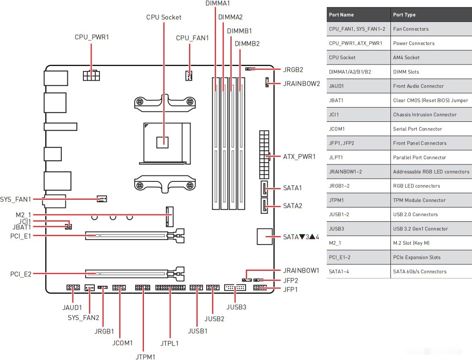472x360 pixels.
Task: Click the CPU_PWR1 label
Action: click(x=92, y=37)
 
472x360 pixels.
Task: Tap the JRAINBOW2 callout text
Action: click(x=302, y=84)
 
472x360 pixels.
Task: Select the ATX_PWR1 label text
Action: click(x=299, y=156)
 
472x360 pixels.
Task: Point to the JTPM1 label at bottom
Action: click(x=145, y=357)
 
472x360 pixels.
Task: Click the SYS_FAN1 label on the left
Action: click(x=16, y=199)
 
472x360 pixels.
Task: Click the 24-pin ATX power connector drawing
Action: click(x=264, y=155)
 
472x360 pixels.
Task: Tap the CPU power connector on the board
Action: click(x=92, y=75)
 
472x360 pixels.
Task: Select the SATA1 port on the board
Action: click(x=264, y=188)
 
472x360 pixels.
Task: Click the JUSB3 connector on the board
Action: click(x=235, y=288)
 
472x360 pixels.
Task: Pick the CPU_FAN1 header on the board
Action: click(x=189, y=76)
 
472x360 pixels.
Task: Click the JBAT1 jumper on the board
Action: click(x=68, y=227)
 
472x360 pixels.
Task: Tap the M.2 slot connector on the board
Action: click(x=170, y=217)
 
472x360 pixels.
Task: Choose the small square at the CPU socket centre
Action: click(x=163, y=142)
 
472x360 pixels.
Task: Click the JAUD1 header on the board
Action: click(x=73, y=288)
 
